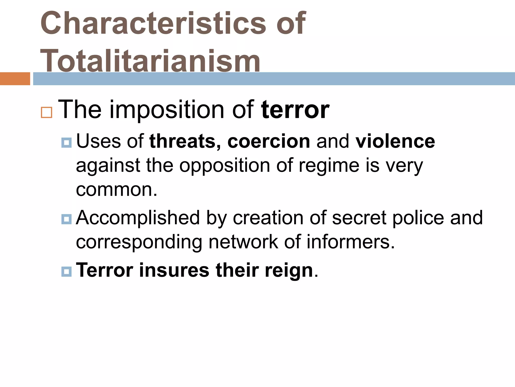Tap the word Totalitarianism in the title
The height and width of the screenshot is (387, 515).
click(150, 61)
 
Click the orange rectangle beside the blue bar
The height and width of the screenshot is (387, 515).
click(15, 79)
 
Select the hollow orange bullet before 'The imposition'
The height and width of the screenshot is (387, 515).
click(47, 112)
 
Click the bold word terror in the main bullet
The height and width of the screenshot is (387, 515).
click(295, 110)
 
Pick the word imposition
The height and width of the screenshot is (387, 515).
click(167, 110)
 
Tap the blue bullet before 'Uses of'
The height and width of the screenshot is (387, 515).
click(66, 143)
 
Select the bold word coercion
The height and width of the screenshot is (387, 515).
click(269, 141)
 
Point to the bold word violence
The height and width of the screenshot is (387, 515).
click(395, 141)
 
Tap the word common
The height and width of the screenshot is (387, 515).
click(116, 189)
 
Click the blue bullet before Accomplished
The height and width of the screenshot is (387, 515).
click(66, 219)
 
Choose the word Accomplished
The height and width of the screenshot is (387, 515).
click(138, 218)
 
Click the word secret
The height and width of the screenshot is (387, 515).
click(359, 218)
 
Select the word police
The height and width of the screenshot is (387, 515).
click(418, 218)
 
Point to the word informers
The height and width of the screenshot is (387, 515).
click(351, 242)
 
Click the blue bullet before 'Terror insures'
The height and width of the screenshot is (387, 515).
click(66, 272)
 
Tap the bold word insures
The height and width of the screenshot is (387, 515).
click(174, 270)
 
